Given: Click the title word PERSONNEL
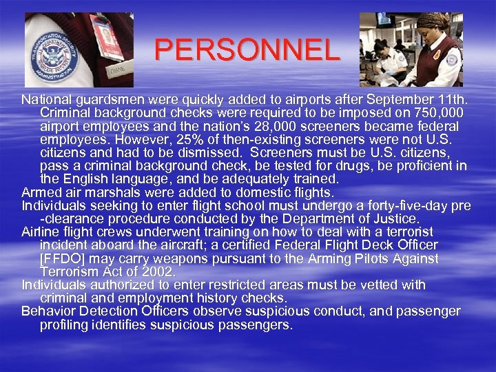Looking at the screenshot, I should [x=247, y=50].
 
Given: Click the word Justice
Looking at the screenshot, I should [x=391, y=219].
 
